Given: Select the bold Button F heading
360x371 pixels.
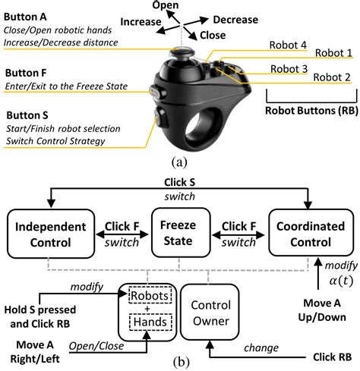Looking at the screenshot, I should tap(27, 75).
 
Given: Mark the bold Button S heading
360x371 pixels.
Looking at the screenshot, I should tap(27, 115).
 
